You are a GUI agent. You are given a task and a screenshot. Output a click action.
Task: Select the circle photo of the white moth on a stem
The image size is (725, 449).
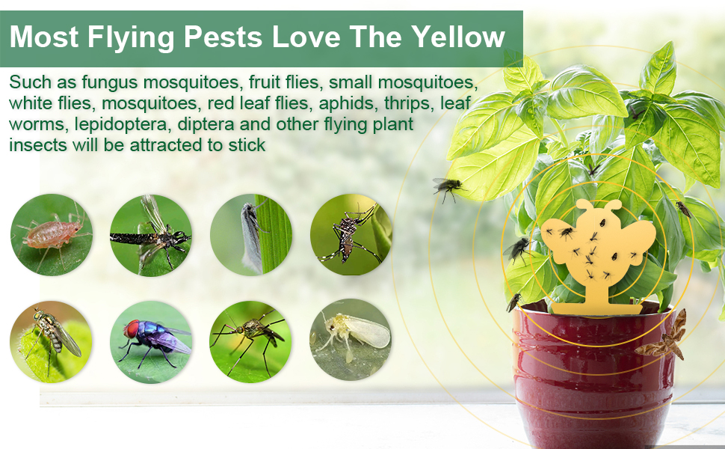(x=250, y=234)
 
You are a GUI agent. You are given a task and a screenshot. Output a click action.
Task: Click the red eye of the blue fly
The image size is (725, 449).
(x=132, y=329)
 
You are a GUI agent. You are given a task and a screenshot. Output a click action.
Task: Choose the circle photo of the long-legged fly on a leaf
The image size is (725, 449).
(x=51, y=340)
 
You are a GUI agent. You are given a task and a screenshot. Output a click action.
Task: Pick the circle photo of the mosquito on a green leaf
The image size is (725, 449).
(x=250, y=340)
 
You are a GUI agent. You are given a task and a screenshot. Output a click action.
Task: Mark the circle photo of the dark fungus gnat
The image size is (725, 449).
(x=151, y=235)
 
